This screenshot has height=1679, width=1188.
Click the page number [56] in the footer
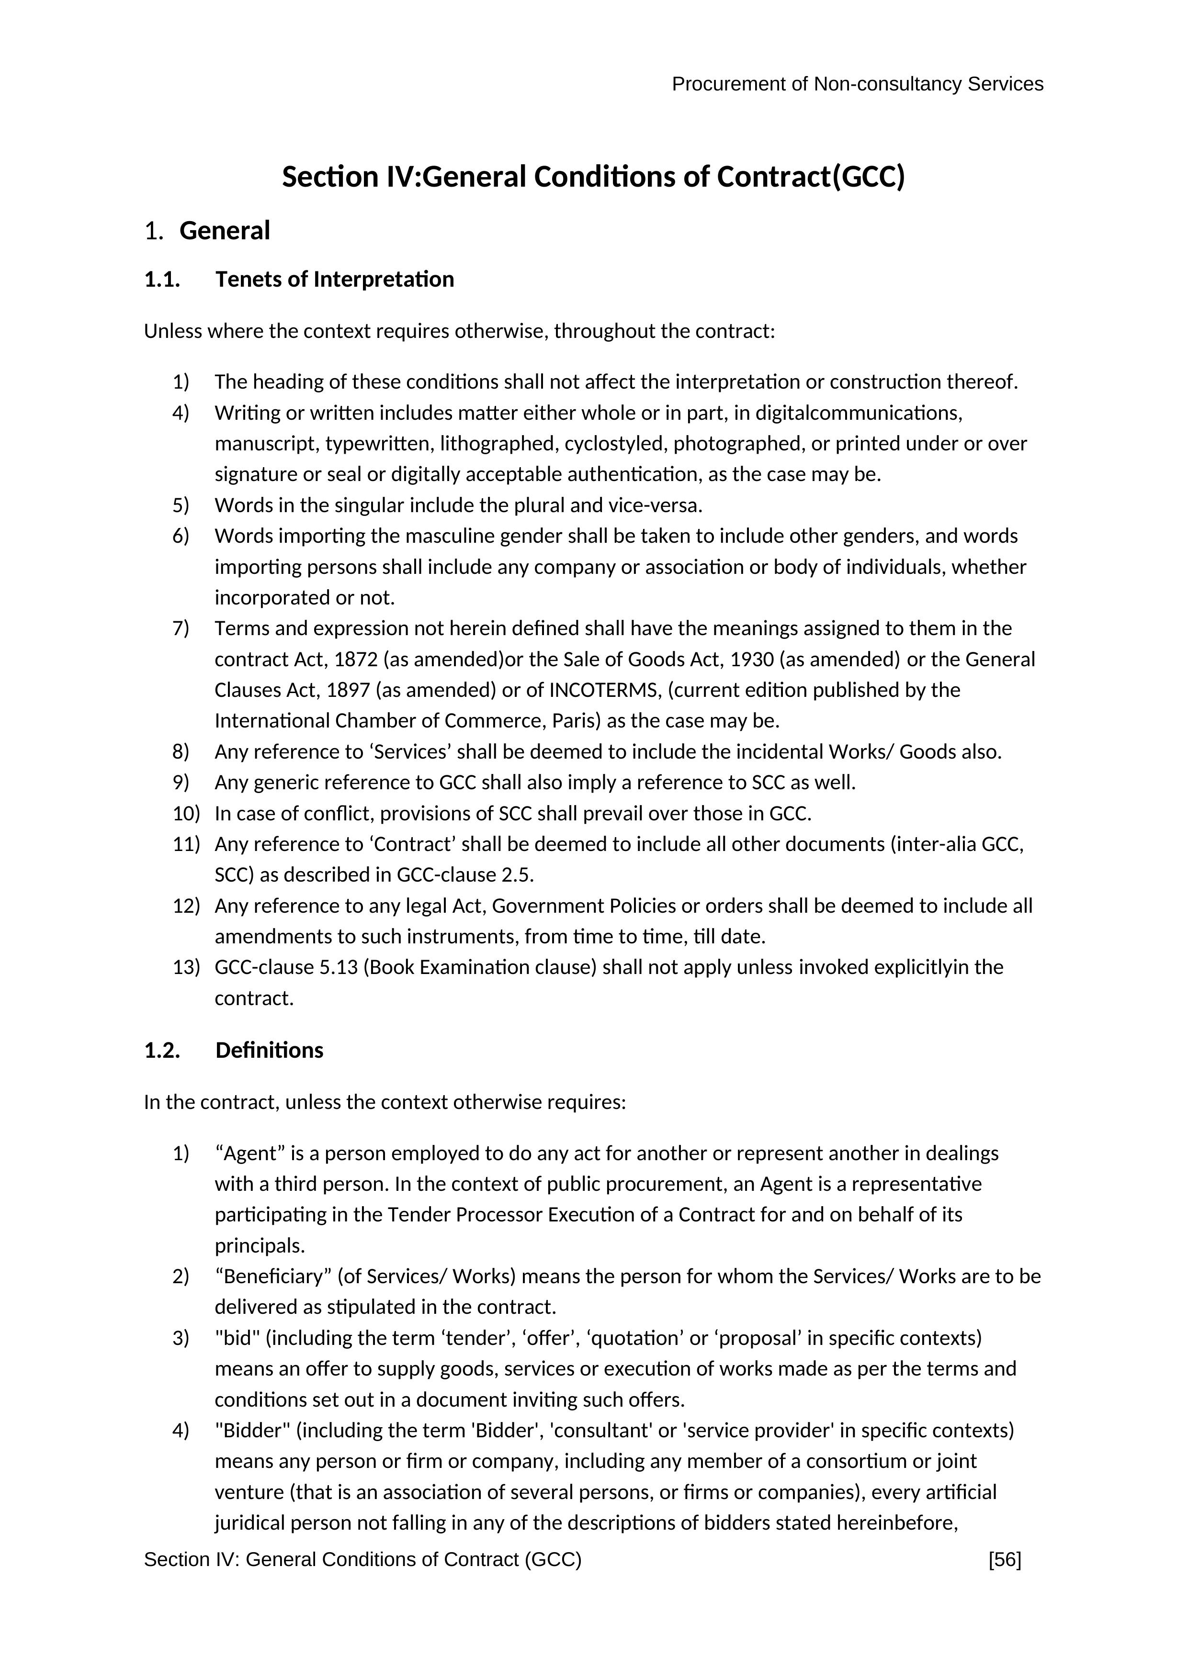coord(1005,1560)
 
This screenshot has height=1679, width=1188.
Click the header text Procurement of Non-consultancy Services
coord(857,84)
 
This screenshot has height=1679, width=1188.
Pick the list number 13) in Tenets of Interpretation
coord(186,967)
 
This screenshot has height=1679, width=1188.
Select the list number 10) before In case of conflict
coord(186,813)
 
